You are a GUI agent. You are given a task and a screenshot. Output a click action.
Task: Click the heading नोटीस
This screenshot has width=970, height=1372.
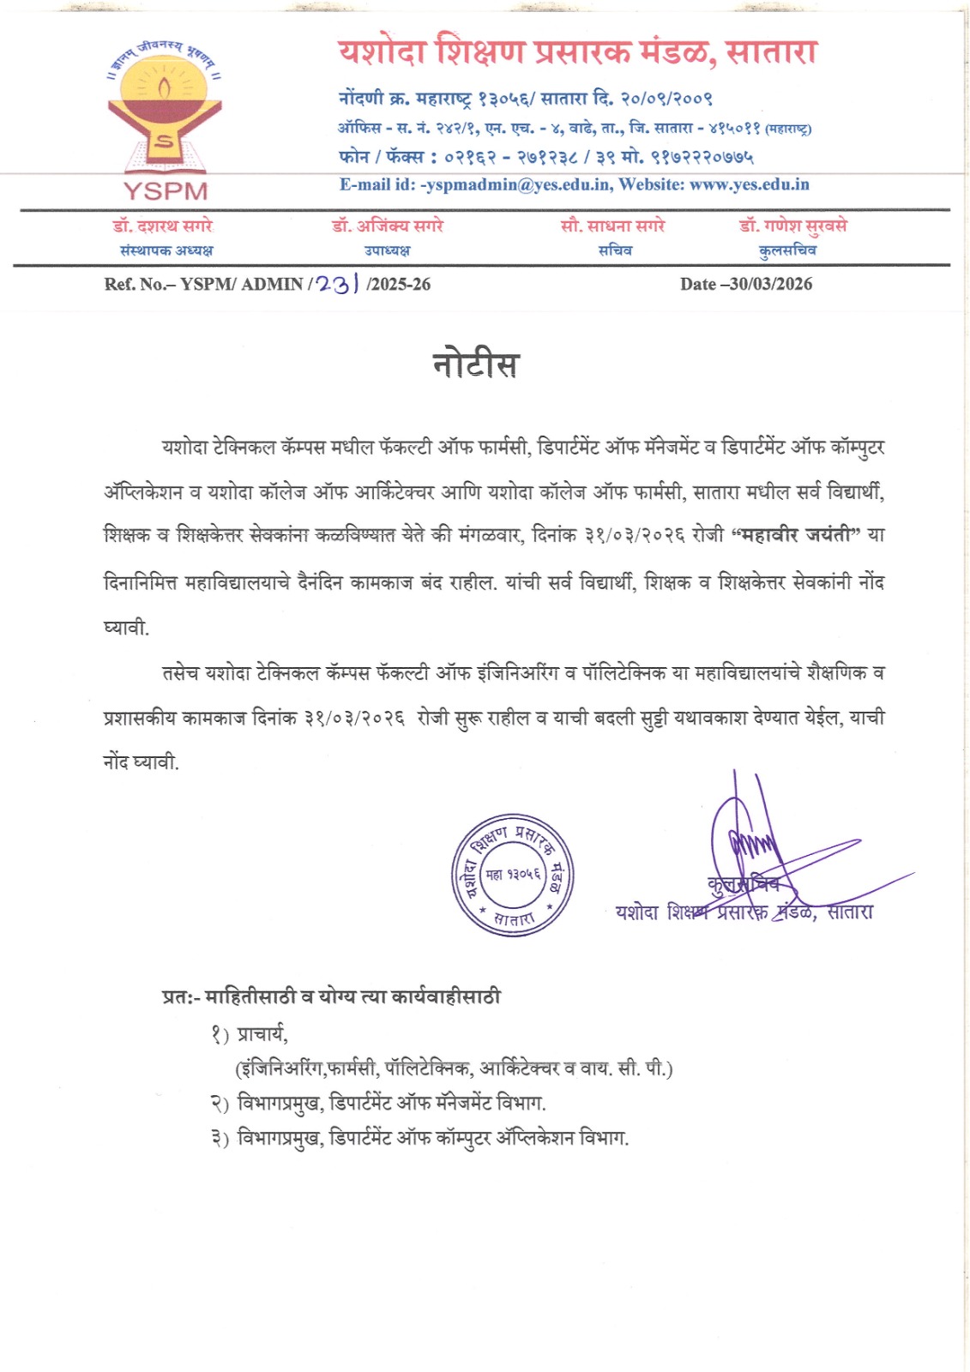[475, 364]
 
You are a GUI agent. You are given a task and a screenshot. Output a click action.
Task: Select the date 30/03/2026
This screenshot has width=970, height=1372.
[770, 285]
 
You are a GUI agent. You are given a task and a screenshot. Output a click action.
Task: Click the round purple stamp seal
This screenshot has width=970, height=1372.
[513, 875]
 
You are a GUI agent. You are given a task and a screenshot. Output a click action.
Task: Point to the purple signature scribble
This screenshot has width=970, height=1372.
[755, 849]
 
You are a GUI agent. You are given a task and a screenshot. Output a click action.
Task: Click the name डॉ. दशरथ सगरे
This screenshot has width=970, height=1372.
[163, 226]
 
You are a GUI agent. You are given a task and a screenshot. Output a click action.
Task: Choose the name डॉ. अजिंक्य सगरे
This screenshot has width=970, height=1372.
[388, 226]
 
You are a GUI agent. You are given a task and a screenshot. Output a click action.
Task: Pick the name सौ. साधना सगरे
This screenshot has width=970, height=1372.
[612, 226]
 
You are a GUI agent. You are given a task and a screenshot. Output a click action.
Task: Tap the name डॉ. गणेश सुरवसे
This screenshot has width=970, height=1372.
[792, 226]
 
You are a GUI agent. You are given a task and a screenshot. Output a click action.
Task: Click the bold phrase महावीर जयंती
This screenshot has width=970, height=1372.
[797, 535]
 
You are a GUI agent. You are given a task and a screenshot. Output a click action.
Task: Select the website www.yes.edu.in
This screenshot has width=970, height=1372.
[749, 184]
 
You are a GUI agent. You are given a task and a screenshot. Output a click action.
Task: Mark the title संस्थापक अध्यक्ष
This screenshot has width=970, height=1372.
[166, 250]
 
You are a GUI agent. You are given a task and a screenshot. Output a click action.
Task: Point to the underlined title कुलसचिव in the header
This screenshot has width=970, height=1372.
[787, 250]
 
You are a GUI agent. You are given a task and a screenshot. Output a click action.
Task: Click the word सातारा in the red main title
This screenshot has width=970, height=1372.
[771, 52]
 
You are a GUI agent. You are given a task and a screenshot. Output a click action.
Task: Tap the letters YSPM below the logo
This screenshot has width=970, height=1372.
[166, 190]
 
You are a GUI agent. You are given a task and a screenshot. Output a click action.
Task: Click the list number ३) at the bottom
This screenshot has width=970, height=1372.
[220, 1139]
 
